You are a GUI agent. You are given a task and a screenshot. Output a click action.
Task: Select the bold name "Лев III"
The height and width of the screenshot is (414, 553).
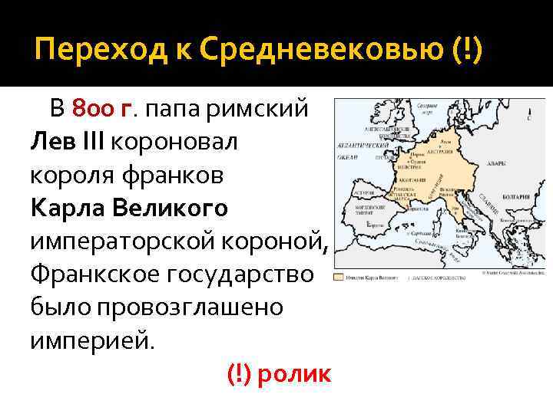69,142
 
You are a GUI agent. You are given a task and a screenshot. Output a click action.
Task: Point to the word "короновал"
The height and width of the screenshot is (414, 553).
176,142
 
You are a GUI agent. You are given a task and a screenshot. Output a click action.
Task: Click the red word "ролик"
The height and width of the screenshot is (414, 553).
295,373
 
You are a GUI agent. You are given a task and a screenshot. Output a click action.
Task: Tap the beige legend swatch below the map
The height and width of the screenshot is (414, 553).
339,276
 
